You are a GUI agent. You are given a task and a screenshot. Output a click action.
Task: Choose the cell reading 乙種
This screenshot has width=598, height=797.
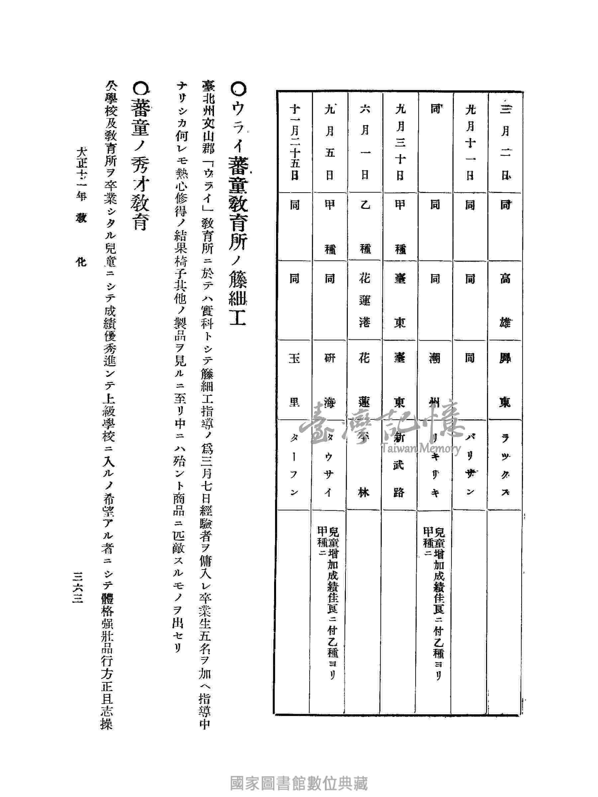365,227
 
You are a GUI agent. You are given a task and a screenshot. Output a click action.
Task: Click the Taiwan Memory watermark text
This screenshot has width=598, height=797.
421,449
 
